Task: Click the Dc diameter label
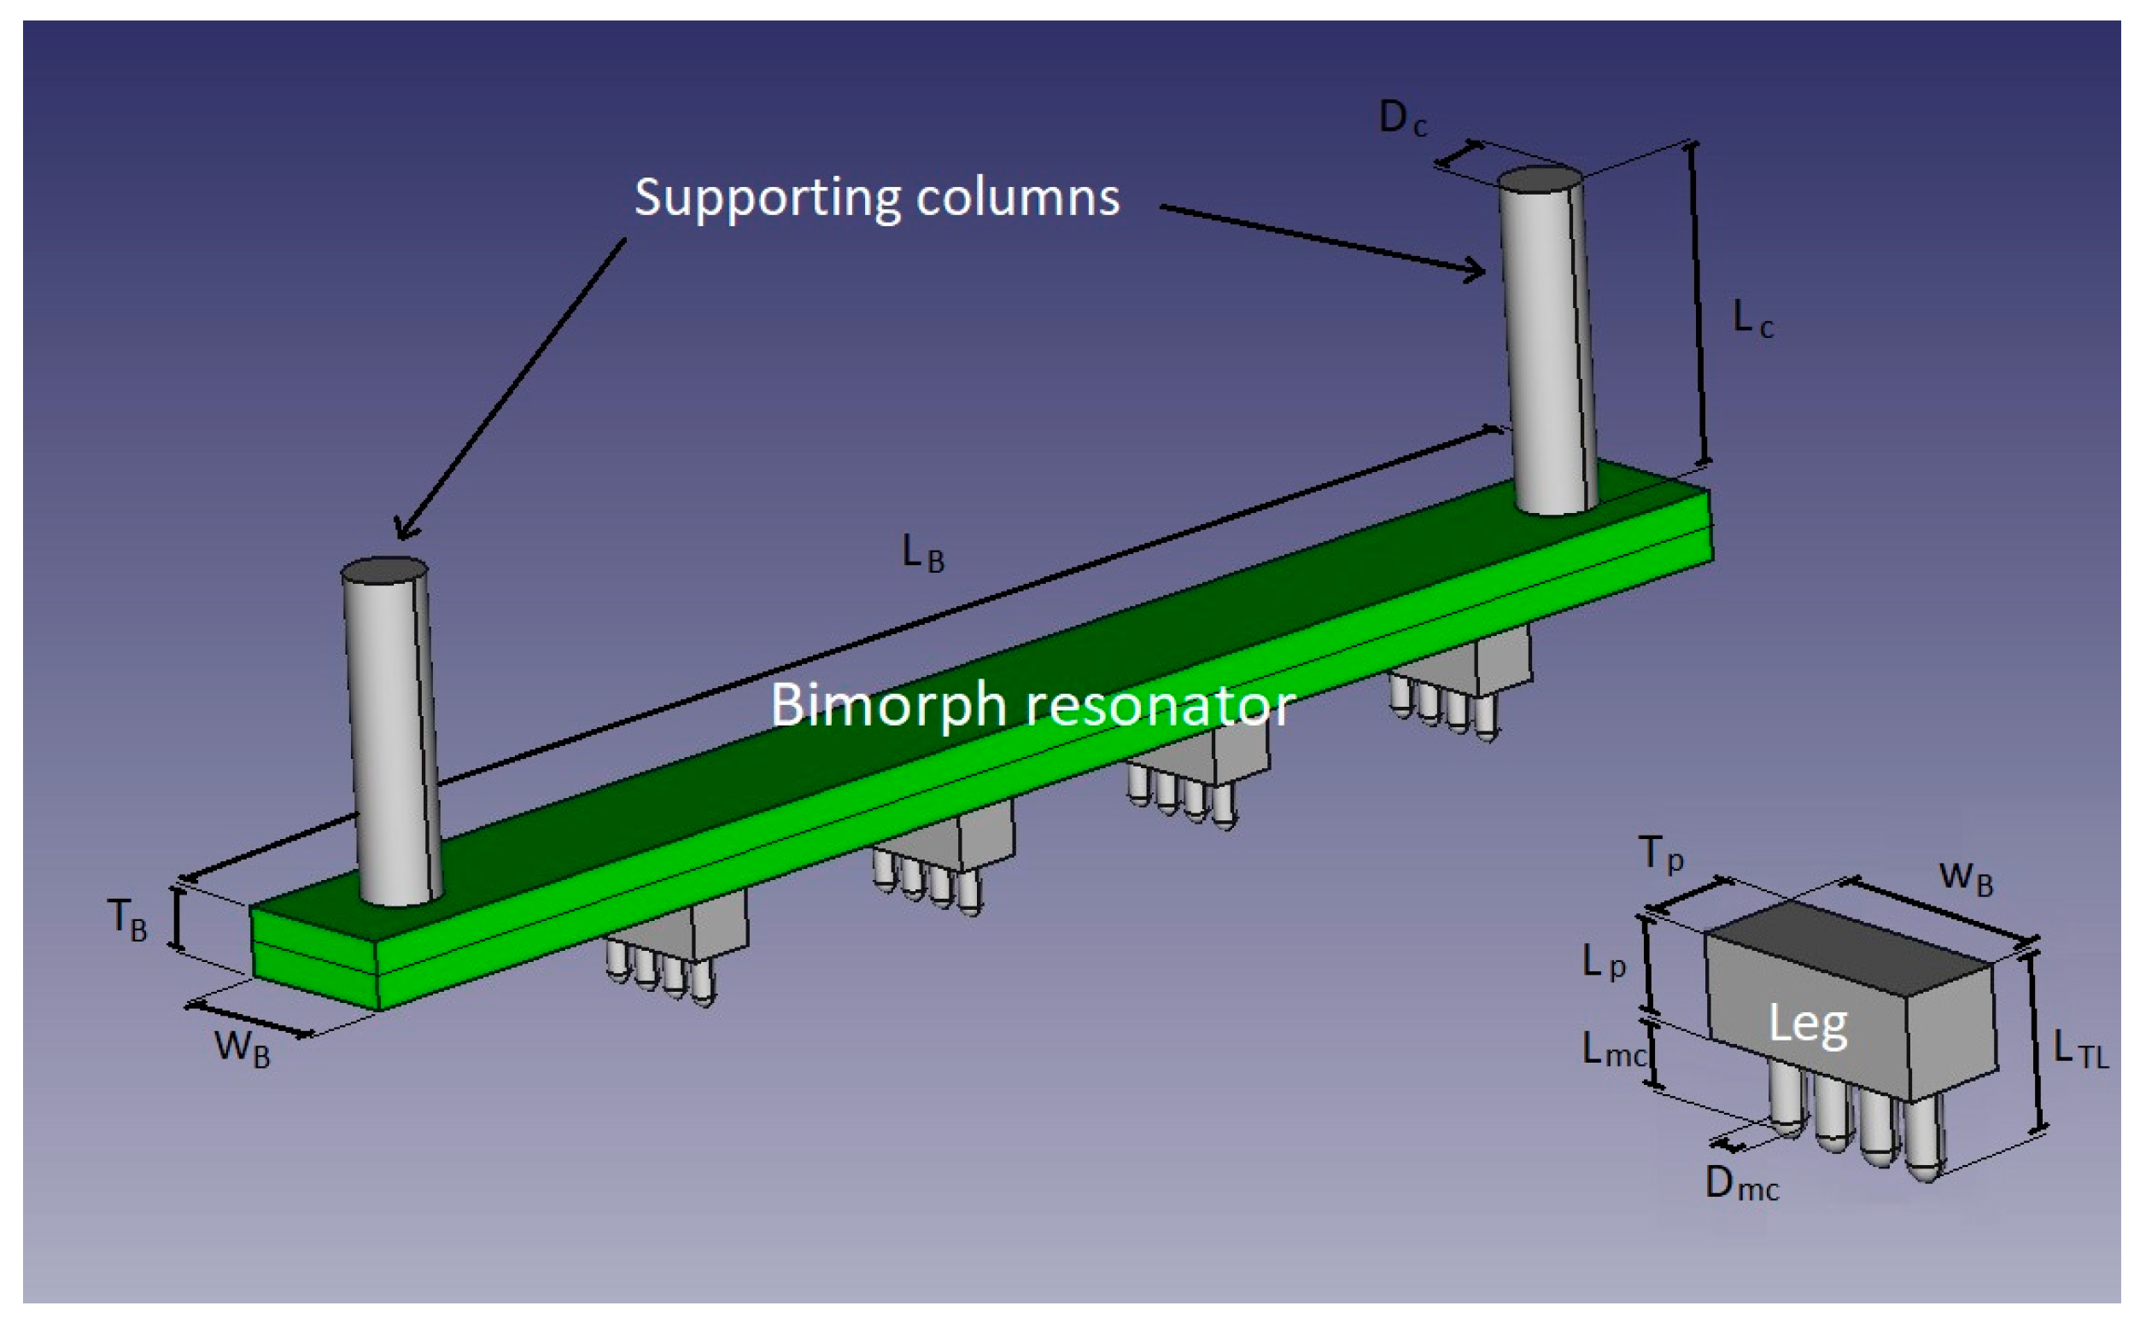[1401, 119]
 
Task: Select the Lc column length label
[1751, 320]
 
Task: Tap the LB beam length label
[922, 554]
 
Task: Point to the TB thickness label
[127, 920]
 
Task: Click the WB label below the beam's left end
[242, 1047]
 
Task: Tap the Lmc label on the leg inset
[1612, 1049]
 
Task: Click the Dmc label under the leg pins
[1741, 1185]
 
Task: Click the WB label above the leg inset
[1965, 877]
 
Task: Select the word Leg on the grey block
[1807, 1024]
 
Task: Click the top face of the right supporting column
[1540, 179]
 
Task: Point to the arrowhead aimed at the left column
[403, 530]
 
